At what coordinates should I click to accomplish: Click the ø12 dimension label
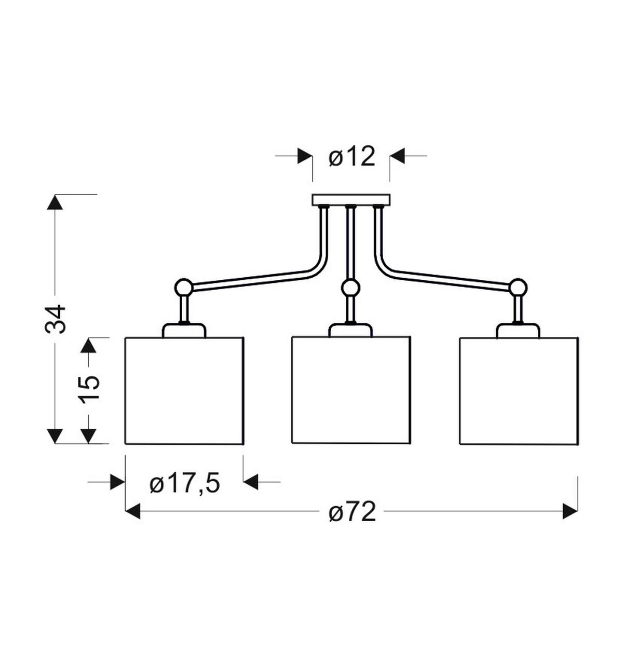pos(351,157)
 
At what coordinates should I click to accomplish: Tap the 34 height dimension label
pos(55,319)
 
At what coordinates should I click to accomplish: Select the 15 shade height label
pos(89,387)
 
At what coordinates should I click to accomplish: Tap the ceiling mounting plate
pos(351,199)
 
